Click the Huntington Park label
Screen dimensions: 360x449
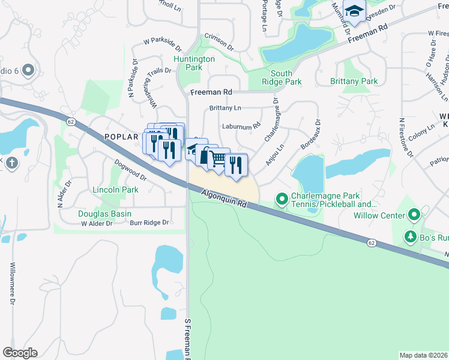pyautogui.click(x=194, y=63)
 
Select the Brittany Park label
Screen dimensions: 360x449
pyautogui.click(x=354, y=81)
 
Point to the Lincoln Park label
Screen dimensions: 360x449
pyautogui.click(x=115, y=190)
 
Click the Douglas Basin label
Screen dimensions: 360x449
pyautogui.click(x=104, y=214)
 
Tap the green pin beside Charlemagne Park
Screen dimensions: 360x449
pyautogui.click(x=281, y=198)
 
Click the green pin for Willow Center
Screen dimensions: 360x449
pyautogui.click(x=413, y=214)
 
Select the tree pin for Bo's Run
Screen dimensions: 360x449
pyautogui.click(x=410, y=237)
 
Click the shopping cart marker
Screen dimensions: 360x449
pyautogui.click(x=219, y=159)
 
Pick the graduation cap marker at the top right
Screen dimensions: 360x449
pyautogui.click(x=354, y=11)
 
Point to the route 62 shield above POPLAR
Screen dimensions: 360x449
pyautogui.click(x=71, y=122)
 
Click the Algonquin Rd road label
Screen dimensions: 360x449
pyautogui.click(x=224, y=199)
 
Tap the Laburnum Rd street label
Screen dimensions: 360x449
pyautogui.click(x=240, y=127)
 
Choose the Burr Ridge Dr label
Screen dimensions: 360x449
pyautogui.click(x=149, y=223)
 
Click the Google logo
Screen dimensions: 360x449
pyautogui.click(x=20, y=353)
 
